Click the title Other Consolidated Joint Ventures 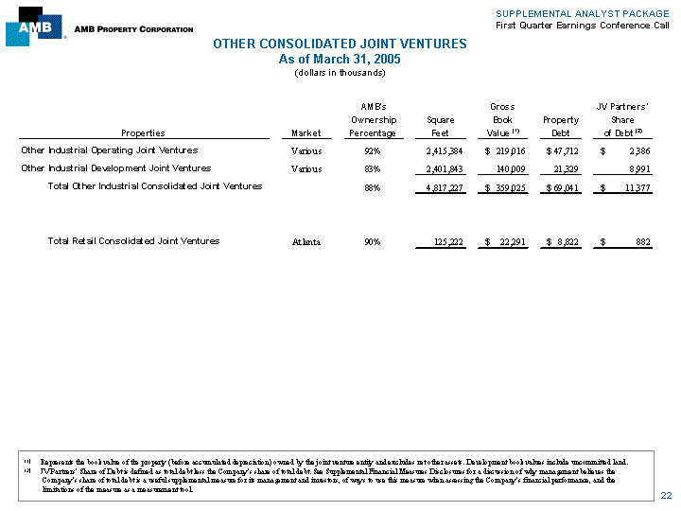point(340,44)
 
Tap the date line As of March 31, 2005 point(340,59)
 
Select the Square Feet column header point(441,127)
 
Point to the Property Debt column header point(561,127)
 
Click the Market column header point(306,133)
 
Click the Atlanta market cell point(306,241)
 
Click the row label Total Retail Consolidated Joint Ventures point(133,241)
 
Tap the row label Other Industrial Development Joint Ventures point(116,168)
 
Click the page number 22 point(666,496)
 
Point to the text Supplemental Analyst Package point(582,12)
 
